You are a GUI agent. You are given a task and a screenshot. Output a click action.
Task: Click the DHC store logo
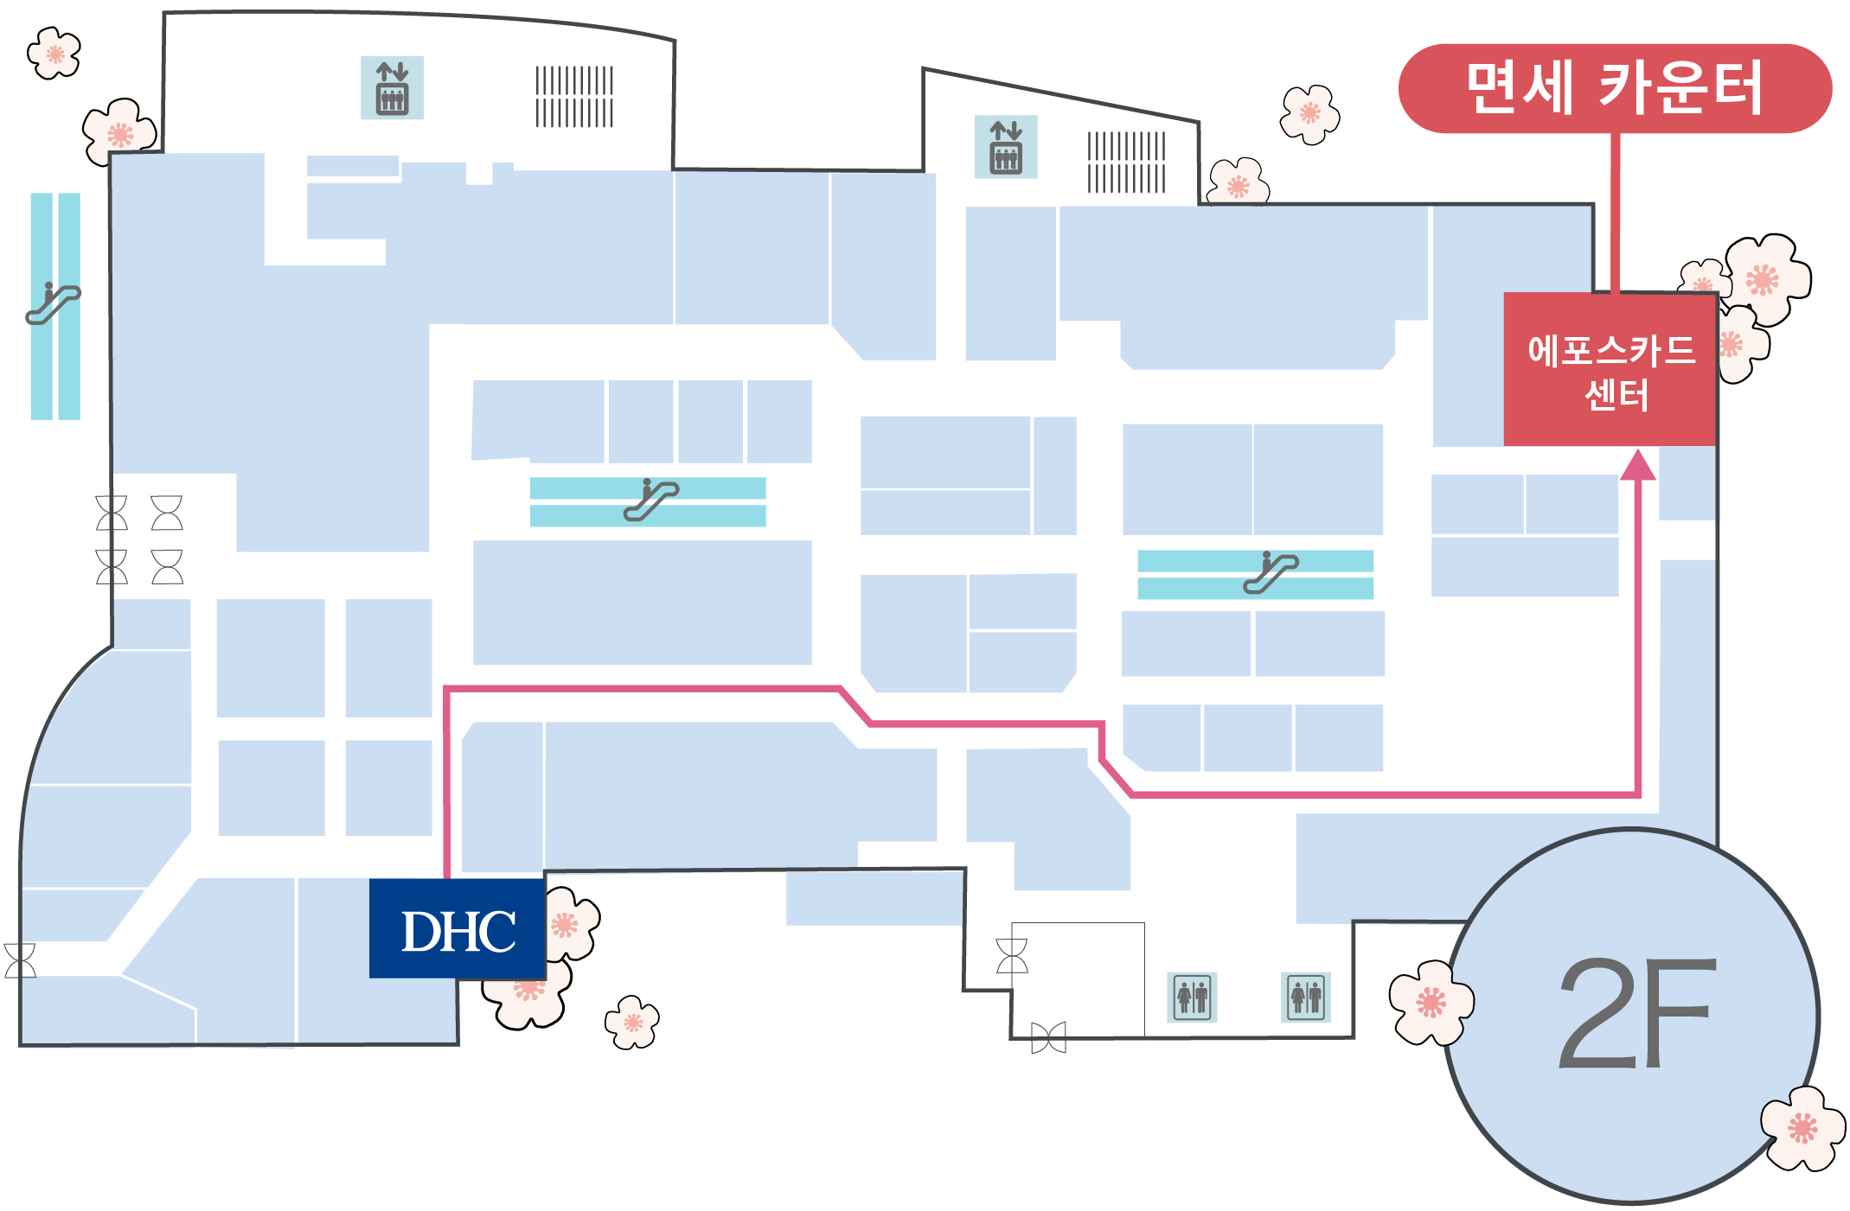coord(458,929)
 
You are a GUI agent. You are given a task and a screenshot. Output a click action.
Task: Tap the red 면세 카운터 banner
coord(1615,88)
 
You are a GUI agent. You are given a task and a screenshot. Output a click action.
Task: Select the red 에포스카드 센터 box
coord(1610,370)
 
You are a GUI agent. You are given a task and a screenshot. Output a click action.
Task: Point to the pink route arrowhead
coord(1637,464)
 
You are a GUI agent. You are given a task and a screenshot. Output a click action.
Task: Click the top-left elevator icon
coord(392,88)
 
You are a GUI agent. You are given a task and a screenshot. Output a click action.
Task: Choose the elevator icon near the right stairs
coord(1006,147)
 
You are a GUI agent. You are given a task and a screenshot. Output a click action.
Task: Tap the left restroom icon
coord(1192,997)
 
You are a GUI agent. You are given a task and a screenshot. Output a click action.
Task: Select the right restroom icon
coord(1306,997)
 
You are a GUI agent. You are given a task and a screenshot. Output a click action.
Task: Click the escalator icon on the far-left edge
coord(53,303)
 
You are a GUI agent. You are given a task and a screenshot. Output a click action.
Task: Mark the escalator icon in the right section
coord(1271,572)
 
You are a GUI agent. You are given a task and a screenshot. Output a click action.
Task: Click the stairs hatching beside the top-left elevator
coord(574,97)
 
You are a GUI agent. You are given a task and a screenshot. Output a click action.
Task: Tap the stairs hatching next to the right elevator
coord(1126,162)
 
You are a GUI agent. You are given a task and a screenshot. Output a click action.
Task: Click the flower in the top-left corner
coord(54,54)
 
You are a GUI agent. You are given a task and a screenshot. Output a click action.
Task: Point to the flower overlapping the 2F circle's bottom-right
coord(1802,1128)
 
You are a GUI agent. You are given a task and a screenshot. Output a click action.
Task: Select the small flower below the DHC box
coord(632,1023)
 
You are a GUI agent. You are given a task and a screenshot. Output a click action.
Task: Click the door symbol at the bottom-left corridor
coord(20,960)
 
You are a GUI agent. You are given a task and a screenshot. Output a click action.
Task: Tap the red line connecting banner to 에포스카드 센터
coord(1615,213)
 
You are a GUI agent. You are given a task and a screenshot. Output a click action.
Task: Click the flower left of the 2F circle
coord(1431,1003)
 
